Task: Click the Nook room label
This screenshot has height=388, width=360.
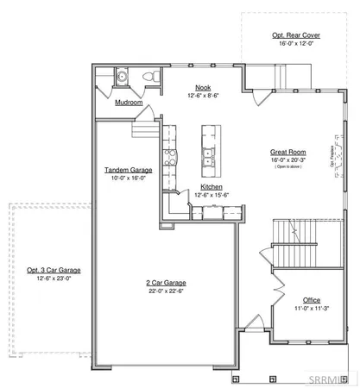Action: pos(203,87)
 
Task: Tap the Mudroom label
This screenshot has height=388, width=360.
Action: pos(129,102)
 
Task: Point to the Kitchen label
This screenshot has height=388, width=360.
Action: pos(212,187)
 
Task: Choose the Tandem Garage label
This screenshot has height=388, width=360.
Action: pos(129,170)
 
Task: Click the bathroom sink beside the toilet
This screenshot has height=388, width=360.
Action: pos(123,77)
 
